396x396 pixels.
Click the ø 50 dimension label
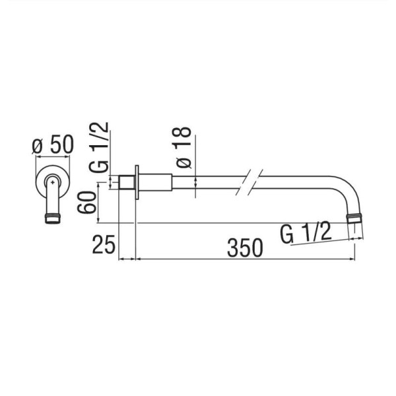tap(53, 145)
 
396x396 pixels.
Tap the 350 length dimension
tap(245, 247)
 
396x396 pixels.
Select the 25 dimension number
tap(104, 244)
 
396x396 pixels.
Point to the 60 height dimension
tap(87, 203)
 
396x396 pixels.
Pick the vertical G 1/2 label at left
tap(99, 147)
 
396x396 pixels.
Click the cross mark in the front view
tap(52, 182)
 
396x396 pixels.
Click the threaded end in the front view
tap(53, 218)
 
